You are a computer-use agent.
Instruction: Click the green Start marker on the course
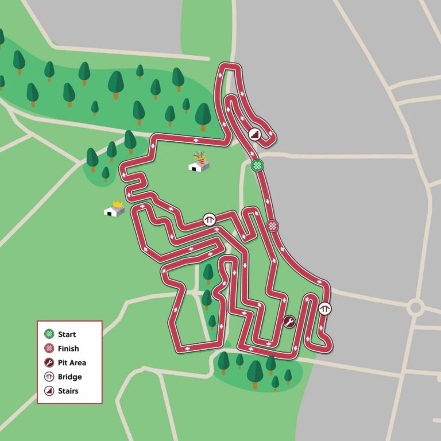[x=258, y=166]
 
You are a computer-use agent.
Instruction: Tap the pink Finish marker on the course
[x=273, y=226]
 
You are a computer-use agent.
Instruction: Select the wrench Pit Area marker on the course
[x=289, y=322]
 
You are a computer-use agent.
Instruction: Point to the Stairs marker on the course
[x=254, y=134]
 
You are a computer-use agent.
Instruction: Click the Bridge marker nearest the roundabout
[x=325, y=308]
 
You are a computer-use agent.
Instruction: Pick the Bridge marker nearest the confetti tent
[x=210, y=219]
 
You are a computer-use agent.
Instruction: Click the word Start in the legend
[x=67, y=334]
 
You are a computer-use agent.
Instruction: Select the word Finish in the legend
[x=68, y=349]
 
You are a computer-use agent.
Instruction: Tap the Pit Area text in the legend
[x=72, y=362]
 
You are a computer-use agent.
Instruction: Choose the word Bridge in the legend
[x=69, y=377]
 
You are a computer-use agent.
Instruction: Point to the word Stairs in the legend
[x=68, y=391]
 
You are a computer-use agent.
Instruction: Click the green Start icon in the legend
[x=49, y=334]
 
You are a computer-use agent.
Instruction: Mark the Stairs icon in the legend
[x=49, y=391]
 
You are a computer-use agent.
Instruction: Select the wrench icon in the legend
[x=49, y=362]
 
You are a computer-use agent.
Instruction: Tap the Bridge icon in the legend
[x=49, y=377]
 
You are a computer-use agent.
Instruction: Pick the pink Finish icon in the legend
[x=49, y=349]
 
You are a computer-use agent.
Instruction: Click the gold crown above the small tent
[x=118, y=203]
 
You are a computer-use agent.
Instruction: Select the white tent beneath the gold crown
[x=114, y=211]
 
